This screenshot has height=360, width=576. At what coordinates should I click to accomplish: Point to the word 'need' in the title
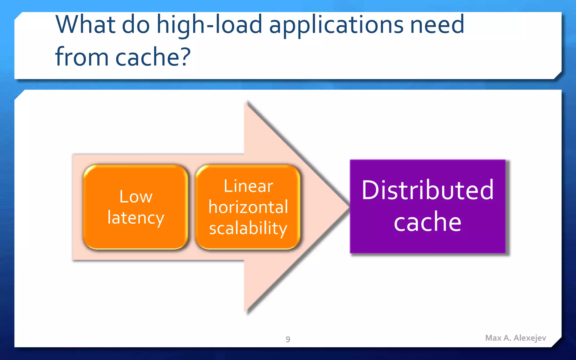click(437, 25)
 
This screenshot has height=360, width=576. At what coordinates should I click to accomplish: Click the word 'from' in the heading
click(82, 57)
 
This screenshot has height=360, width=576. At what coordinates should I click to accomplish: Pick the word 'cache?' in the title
click(153, 57)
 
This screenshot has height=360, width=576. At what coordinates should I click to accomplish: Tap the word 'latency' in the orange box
click(136, 218)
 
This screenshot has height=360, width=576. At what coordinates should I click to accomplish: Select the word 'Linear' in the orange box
click(248, 186)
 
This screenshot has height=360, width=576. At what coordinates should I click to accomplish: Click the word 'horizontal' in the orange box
click(248, 207)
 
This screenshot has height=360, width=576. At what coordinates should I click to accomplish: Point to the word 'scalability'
click(248, 228)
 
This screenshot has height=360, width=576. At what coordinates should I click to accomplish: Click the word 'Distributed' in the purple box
click(427, 190)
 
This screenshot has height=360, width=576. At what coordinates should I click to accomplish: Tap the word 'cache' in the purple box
click(427, 222)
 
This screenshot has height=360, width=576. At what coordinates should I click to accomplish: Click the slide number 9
click(288, 339)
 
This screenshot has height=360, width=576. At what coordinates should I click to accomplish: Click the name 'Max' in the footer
click(493, 338)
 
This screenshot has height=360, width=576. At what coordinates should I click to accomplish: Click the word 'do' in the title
click(136, 25)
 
